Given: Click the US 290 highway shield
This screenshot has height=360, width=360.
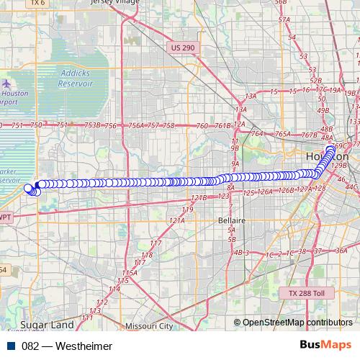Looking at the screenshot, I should (x=183, y=47).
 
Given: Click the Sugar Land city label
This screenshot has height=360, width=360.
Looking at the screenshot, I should (x=42, y=325).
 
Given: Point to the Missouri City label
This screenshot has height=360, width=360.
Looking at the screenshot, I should (x=149, y=326).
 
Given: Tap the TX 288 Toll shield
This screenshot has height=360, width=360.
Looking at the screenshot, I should (x=307, y=294).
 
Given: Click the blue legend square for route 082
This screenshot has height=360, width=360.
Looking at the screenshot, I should (x=12, y=346).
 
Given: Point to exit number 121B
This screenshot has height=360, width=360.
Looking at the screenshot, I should (x=199, y=197).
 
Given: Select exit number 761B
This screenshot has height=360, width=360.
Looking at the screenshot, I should (x=223, y=125).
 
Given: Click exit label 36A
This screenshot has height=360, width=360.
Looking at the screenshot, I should (x=341, y=251).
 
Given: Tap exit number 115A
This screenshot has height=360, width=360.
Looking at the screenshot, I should (x=129, y=273).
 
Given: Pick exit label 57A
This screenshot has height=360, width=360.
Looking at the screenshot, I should (x=284, y=20).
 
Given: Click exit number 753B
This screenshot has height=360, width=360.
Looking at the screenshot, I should (x=92, y=125).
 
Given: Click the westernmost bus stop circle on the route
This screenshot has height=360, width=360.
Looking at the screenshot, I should (x=28, y=189).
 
